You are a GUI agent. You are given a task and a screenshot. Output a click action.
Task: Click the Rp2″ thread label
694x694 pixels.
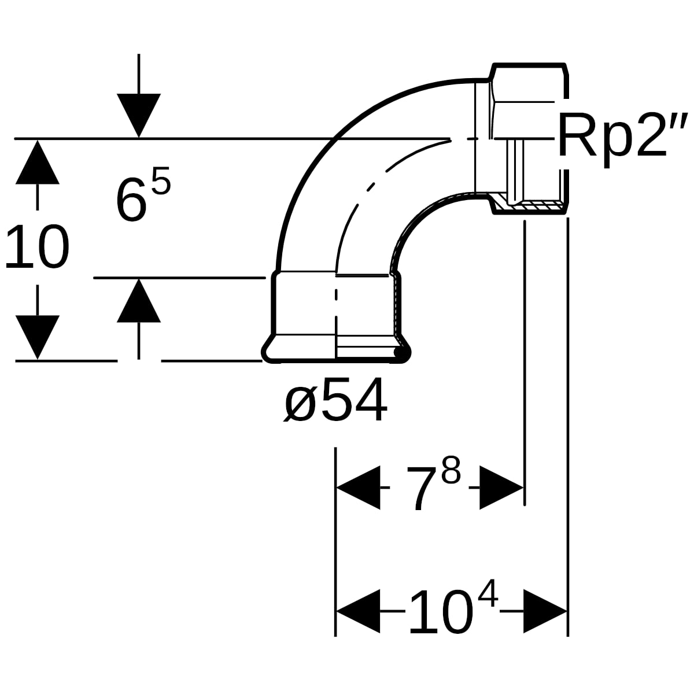pos(623,138)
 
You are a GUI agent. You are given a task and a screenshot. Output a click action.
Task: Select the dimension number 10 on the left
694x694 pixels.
pos(37,246)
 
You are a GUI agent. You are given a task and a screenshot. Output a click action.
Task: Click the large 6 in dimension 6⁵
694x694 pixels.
pos(132,199)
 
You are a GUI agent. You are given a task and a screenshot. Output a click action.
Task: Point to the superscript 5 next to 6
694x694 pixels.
pos(161,180)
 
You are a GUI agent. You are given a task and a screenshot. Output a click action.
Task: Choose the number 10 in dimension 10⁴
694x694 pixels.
pos(441,611)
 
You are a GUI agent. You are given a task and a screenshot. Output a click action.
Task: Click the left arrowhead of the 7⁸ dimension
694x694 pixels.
pos(358,488)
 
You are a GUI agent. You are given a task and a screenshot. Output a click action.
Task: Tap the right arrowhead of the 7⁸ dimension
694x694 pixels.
pos(501,488)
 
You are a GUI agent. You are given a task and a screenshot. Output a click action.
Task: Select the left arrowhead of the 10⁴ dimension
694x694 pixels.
pos(358,611)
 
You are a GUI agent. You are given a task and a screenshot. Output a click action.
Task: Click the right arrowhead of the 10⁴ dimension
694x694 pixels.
pos(545,611)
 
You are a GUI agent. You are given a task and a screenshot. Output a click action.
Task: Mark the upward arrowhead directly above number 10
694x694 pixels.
pos(38,162)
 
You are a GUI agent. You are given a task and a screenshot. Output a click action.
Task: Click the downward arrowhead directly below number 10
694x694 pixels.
pos(38,337)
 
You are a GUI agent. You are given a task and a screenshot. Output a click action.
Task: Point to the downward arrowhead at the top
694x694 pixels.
pos(139,116)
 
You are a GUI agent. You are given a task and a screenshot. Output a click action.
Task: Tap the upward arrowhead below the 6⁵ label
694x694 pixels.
pos(139,301)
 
